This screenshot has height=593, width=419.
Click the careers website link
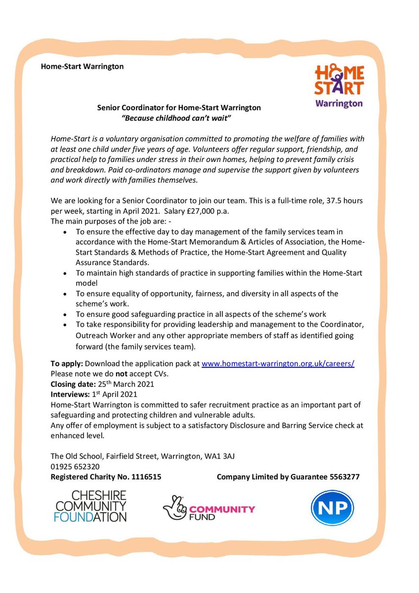278,363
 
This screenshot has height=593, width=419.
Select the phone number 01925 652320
75,466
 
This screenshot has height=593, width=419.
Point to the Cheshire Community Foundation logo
91,506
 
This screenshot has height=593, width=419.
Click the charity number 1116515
142,477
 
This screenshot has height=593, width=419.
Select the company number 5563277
343,477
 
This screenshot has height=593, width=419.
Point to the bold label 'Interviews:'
69,394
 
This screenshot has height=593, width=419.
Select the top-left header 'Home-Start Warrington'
83,66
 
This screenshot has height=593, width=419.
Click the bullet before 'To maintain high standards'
65,273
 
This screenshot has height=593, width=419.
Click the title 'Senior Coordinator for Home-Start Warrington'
179,107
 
